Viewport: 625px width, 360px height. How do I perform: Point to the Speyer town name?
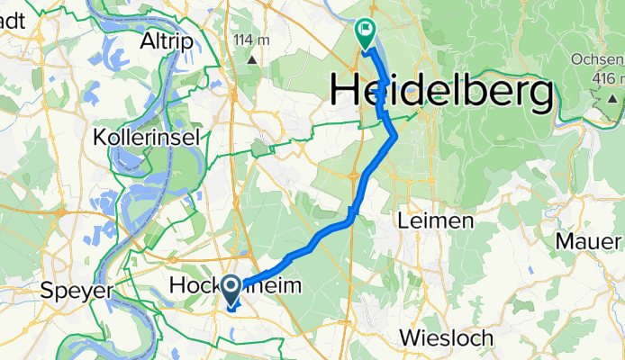(x=76, y=291)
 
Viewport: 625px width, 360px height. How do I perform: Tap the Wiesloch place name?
(x=448, y=338)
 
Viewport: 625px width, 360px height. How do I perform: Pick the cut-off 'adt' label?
(x=12, y=16)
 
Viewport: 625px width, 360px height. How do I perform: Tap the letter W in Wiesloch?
(x=408, y=338)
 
